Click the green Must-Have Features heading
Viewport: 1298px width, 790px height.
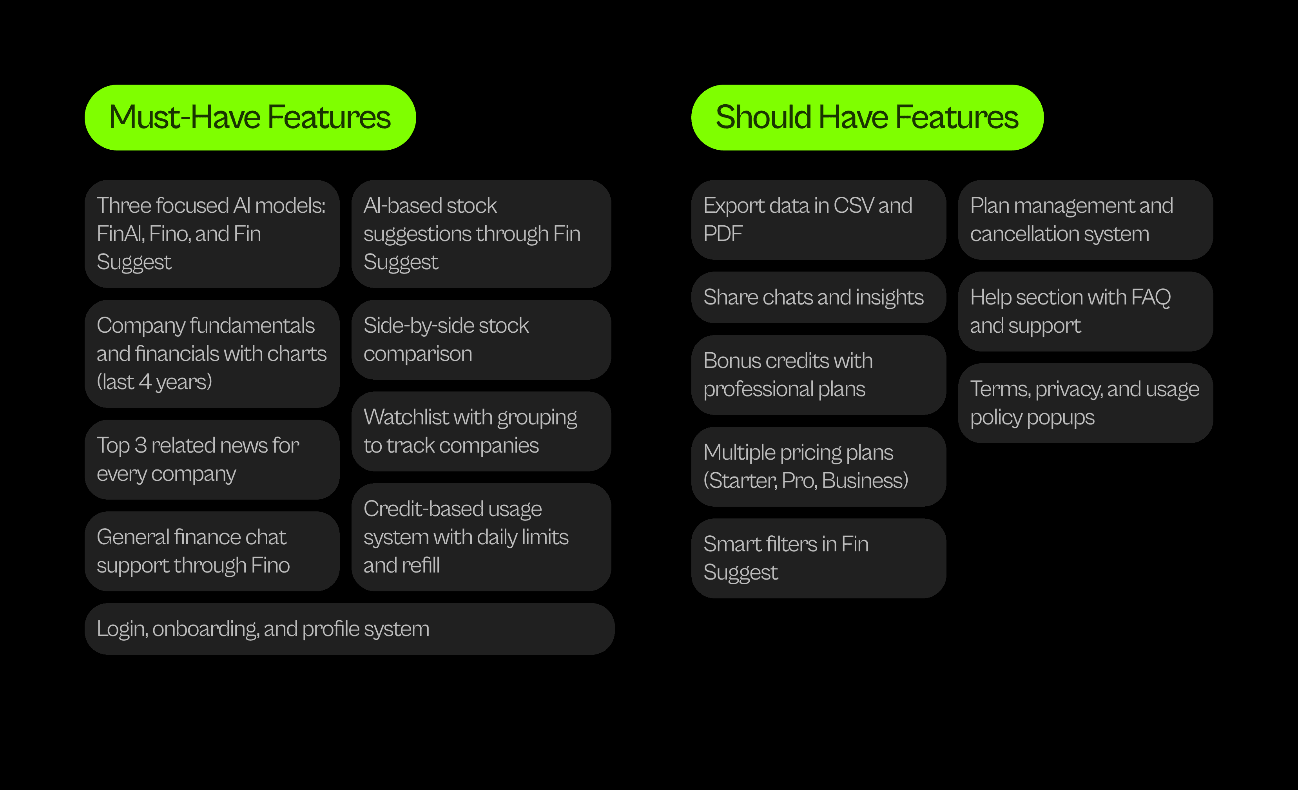250,118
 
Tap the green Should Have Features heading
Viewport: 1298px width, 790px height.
867,118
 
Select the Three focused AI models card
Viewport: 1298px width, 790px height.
212,234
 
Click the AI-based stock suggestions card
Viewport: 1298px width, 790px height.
481,234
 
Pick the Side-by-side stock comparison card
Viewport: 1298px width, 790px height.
481,340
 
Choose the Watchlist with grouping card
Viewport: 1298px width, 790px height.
481,431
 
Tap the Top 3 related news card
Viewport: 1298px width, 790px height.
212,460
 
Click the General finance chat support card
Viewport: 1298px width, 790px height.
212,551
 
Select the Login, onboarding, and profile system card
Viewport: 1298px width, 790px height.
349,629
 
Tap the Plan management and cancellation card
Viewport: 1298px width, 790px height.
1085,219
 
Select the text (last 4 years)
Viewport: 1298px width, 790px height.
154,382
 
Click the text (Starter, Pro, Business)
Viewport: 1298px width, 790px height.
805,481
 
